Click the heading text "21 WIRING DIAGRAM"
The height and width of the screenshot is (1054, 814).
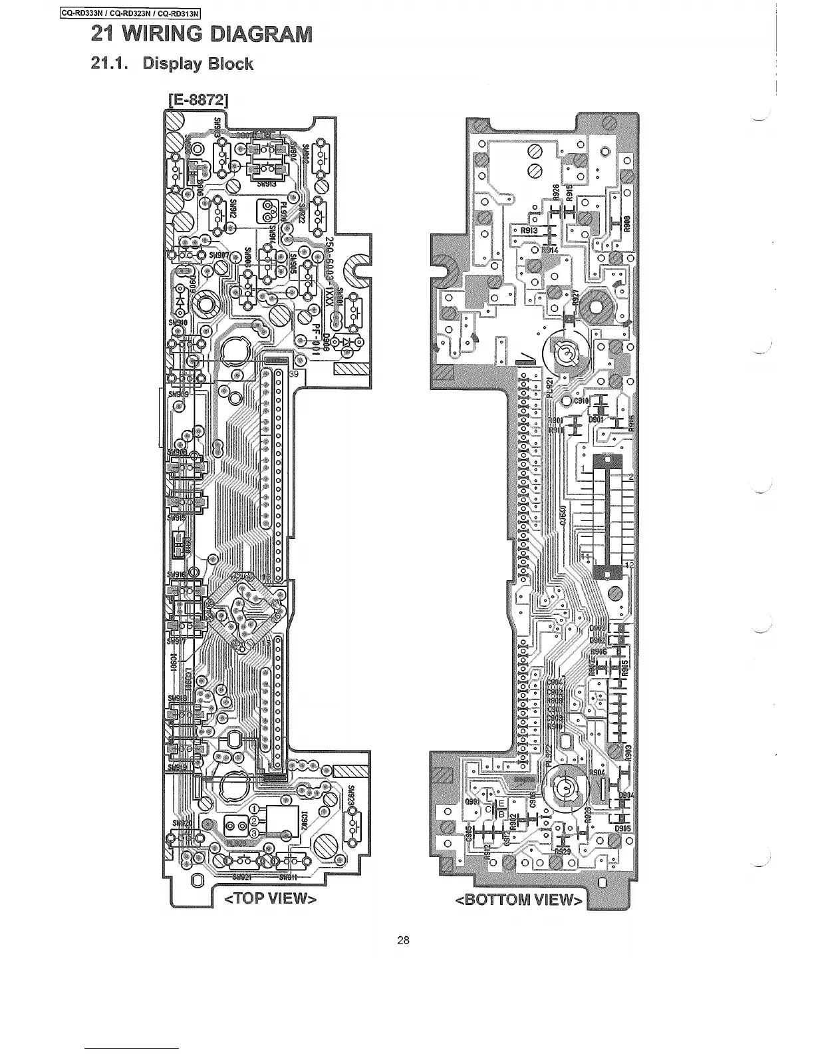coord(202,33)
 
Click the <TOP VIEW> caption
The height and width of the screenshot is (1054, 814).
coord(269,900)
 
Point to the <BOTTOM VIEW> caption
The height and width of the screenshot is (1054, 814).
coord(519,900)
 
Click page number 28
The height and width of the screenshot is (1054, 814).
coord(403,940)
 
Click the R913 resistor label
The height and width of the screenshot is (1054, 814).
coord(529,232)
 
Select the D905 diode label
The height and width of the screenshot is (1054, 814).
coord(622,828)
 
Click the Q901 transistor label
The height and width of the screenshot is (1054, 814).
coord(472,801)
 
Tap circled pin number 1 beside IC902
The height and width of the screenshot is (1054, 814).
coord(253,808)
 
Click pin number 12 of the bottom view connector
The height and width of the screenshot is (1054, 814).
coord(628,565)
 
